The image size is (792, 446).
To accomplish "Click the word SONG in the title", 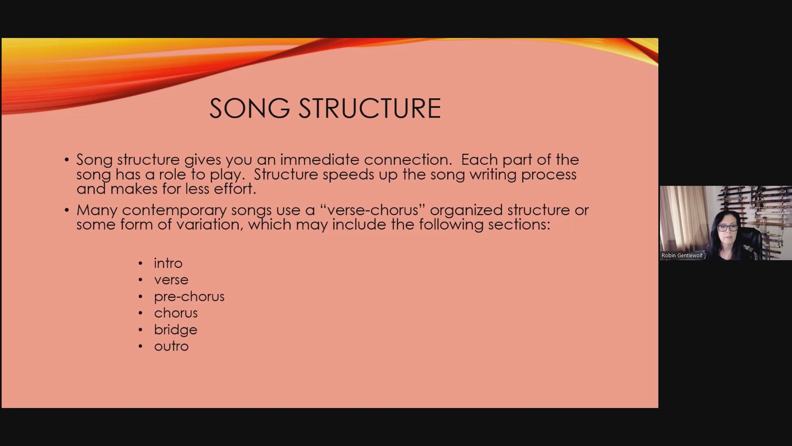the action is (x=250, y=109).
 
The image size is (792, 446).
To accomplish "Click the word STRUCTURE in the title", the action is (x=370, y=109).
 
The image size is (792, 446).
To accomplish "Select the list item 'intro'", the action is (x=168, y=263).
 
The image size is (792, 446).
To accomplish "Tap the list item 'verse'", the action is (x=171, y=280).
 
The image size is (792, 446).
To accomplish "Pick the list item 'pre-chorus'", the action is (x=189, y=297).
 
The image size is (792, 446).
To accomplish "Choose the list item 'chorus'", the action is (x=176, y=313).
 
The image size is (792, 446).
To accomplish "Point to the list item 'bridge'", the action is (x=176, y=330).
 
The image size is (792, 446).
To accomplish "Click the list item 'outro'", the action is (x=171, y=346).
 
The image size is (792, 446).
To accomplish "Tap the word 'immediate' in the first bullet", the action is (x=320, y=160).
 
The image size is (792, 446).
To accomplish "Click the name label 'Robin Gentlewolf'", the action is (x=682, y=255).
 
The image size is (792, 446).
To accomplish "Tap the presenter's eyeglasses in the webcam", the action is (x=728, y=228).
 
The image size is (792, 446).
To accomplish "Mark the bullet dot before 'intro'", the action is (x=141, y=263).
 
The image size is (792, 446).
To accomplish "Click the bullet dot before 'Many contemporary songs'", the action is (x=67, y=210).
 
